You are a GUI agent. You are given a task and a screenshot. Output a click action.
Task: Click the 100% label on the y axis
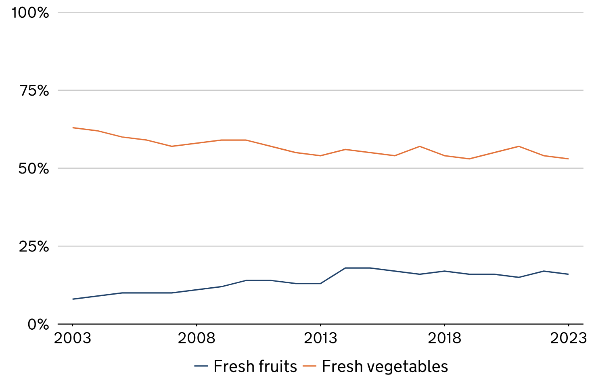click(x=30, y=13)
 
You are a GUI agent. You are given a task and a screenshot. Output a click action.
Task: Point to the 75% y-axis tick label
click(x=34, y=90)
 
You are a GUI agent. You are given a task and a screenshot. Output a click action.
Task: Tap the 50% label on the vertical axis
click(x=33, y=168)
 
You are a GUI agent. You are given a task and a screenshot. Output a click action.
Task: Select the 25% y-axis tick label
click(x=34, y=246)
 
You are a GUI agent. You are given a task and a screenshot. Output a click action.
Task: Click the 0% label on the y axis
click(x=38, y=324)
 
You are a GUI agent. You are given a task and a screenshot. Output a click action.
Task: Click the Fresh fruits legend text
click(x=255, y=366)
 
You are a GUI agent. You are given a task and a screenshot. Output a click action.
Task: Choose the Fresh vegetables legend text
click(x=385, y=366)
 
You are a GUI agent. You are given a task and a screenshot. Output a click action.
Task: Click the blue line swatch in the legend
click(x=201, y=366)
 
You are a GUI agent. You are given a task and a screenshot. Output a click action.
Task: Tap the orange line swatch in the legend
click(x=310, y=366)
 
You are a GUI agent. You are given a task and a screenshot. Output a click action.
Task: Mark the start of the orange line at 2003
click(x=73, y=128)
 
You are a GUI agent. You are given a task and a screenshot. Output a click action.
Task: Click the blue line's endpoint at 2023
click(x=568, y=274)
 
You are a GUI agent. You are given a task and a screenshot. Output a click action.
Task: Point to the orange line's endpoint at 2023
click(x=568, y=159)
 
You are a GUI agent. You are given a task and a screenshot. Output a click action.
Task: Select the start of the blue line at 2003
click(x=73, y=299)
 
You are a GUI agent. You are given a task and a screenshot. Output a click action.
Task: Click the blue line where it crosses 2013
click(x=320, y=283)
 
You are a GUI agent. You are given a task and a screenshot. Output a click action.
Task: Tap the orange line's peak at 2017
click(x=420, y=146)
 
